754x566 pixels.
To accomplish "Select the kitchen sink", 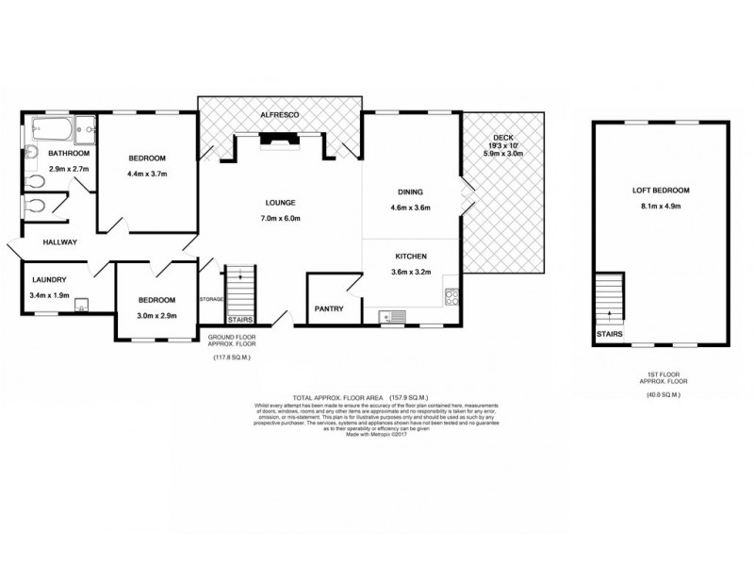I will (392, 318).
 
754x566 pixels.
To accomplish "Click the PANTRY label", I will (329, 308).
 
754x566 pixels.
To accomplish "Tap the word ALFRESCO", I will (280, 115).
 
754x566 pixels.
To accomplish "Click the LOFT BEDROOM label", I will (658, 190).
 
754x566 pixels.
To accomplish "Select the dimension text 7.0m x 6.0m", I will (280, 218).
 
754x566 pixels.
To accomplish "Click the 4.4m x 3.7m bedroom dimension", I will (146, 174).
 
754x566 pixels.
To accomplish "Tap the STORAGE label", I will (210, 300).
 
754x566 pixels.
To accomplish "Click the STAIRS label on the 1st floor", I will (608, 334).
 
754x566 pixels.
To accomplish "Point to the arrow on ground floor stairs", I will (240, 276).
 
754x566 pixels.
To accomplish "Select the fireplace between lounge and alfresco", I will (279, 141).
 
